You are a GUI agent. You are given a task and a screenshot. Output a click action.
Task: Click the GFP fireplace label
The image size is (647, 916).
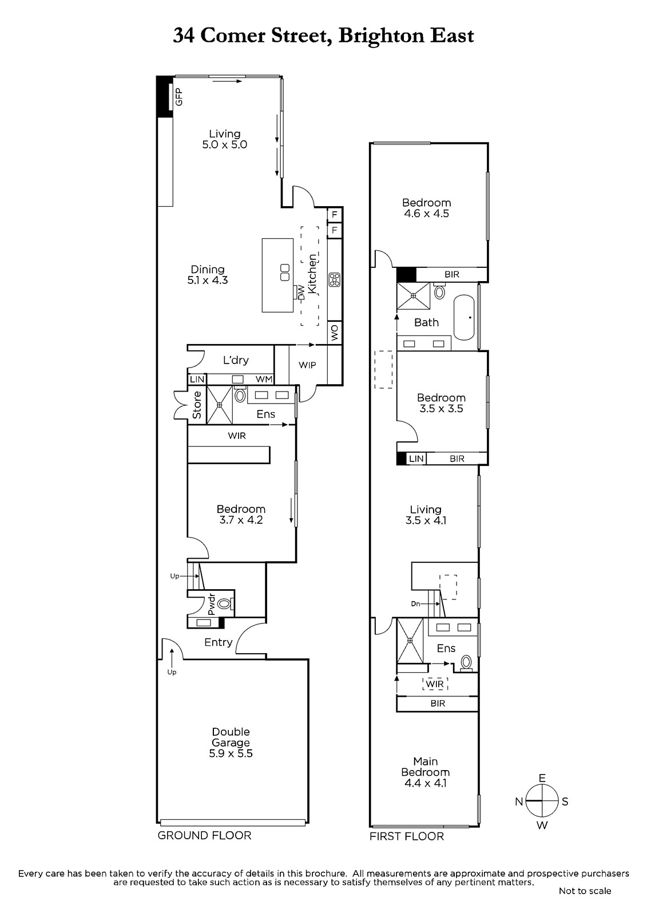pyautogui.click(x=178, y=97)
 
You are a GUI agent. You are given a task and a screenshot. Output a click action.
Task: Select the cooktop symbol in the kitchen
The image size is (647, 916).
pyautogui.click(x=334, y=279)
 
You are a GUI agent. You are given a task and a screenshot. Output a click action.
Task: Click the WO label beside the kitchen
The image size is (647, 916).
pyautogui.click(x=334, y=333)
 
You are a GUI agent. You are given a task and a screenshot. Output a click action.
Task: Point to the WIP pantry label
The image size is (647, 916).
pyautogui.click(x=307, y=365)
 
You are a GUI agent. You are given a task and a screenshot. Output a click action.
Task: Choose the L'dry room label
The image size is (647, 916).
pyautogui.click(x=236, y=360)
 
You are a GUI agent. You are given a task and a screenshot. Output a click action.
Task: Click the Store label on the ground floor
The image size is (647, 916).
pyautogui.click(x=197, y=405)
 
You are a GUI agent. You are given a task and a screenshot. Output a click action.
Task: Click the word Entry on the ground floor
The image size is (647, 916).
pyautogui.click(x=219, y=642)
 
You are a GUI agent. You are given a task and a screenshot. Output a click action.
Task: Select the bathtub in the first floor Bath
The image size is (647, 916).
pyautogui.click(x=464, y=317)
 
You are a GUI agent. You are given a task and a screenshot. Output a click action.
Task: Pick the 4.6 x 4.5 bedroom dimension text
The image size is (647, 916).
pyautogui.click(x=426, y=213)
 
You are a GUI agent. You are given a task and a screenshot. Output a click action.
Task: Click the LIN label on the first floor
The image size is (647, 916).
pyautogui.click(x=416, y=459)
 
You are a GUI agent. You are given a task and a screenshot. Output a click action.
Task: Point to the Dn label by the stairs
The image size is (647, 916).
pyautogui.click(x=415, y=603)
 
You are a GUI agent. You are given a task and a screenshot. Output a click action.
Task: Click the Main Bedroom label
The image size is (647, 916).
pyautogui.click(x=426, y=767)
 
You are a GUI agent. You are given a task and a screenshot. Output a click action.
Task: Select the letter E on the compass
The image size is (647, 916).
pyautogui.click(x=542, y=778)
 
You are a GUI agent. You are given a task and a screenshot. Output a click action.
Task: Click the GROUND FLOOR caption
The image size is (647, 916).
pyautogui.click(x=204, y=835)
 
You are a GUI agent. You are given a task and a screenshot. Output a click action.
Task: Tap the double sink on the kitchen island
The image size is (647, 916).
pyautogui.click(x=285, y=273)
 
